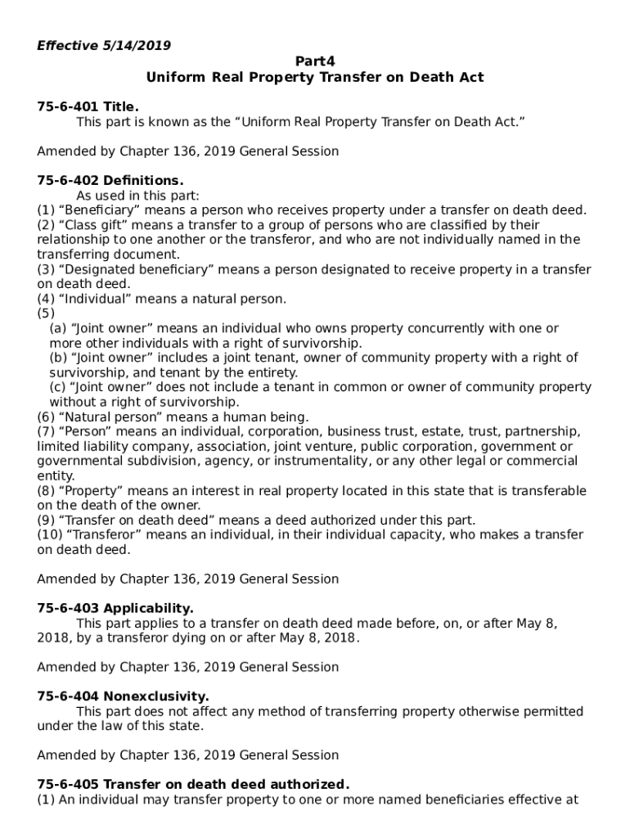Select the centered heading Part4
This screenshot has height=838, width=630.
(314, 61)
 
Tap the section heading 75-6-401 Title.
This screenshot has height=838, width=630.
(88, 106)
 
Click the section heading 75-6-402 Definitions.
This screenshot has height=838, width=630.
(110, 180)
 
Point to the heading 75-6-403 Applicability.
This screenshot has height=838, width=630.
(115, 608)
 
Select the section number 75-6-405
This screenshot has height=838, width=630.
(68, 785)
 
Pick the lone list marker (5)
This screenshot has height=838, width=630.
(46, 313)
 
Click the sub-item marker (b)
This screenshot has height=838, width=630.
(58, 358)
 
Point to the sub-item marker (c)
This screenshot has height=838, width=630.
(58, 387)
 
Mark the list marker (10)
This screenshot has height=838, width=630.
(49, 534)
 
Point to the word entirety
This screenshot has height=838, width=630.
(272, 372)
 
